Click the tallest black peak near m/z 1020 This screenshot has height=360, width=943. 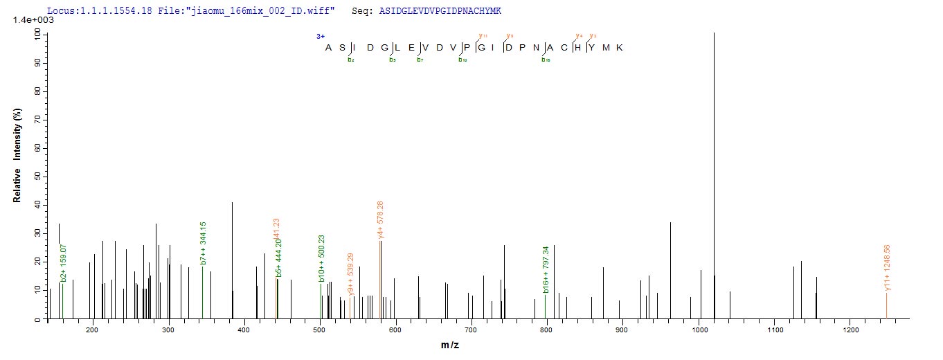pos(714,173)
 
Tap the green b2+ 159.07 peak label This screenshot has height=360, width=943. pos(64,262)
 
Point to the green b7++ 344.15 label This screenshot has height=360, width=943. pos(204,243)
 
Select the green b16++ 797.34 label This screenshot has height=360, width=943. pos(546,269)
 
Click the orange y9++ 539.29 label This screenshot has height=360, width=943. pos(352,274)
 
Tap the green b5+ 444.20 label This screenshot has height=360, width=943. pos(279,258)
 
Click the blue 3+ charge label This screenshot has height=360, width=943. pos(321,36)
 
